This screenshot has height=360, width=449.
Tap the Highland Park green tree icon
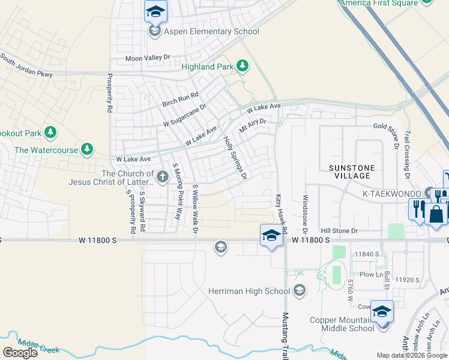(x=242, y=65)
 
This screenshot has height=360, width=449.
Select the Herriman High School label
(x=249, y=291)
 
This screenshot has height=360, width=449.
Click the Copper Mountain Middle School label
(x=342, y=324)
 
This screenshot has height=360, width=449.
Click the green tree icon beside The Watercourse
(x=87, y=148)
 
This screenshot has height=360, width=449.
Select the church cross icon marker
(x=163, y=176)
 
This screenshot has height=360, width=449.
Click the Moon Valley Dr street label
(x=148, y=58)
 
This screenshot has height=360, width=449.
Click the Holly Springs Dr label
(x=235, y=158)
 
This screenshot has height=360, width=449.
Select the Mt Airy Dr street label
(x=252, y=125)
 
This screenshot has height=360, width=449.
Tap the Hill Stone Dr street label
(x=339, y=230)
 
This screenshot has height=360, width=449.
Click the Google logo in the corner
(x=20, y=353)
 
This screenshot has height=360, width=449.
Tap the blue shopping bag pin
(x=436, y=213)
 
